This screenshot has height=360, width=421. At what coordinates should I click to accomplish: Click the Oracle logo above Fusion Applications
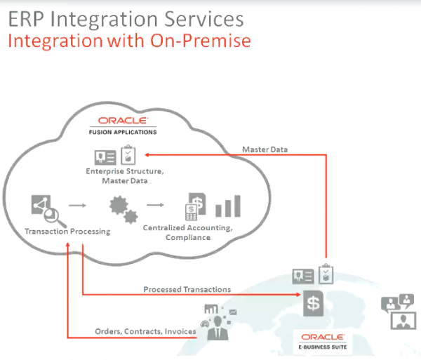pyautogui.click(x=123, y=121)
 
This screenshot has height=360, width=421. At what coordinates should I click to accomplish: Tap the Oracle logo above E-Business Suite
pyautogui.click(x=323, y=337)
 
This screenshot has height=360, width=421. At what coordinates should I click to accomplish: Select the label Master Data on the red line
pyautogui.click(x=265, y=149)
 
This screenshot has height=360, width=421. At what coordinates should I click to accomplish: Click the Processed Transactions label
pyautogui.click(x=187, y=289)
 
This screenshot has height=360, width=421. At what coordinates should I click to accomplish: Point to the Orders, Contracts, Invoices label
pyautogui.click(x=145, y=331)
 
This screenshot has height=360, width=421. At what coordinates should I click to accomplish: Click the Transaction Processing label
pyautogui.click(x=67, y=232)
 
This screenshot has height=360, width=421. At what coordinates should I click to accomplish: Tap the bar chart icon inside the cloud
pyautogui.click(x=228, y=206)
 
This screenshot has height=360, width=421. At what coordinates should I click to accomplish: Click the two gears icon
pyautogui.click(x=123, y=209)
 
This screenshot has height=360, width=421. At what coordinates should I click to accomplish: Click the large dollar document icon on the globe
pyautogui.click(x=314, y=304)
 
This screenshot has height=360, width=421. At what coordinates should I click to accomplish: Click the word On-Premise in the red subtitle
pyautogui.click(x=200, y=41)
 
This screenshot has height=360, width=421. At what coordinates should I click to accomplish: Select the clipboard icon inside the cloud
pyautogui.click(x=128, y=154)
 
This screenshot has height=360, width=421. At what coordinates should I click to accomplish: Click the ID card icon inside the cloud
pyautogui.click(x=105, y=157)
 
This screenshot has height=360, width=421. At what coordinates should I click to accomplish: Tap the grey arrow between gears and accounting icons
pyautogui.click(x=155, y=205)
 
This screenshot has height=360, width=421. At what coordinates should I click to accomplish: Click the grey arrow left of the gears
pyautogui.click(x=78, y=206)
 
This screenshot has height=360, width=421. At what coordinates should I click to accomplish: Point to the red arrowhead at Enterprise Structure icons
pyautogui.click(x=147, y=155)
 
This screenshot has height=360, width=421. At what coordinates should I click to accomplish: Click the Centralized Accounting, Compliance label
pyautogui.click(x=187, y=232)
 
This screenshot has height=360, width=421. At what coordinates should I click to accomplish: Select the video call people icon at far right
pyautogui.click(x=398, y=312)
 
